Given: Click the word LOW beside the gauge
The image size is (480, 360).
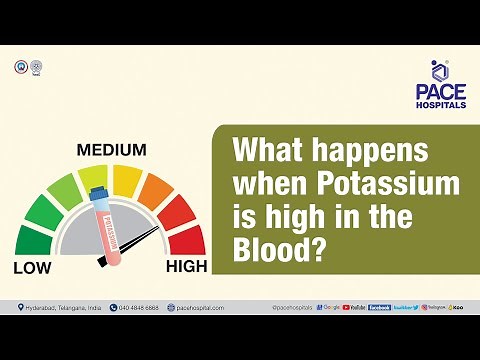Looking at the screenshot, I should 32,267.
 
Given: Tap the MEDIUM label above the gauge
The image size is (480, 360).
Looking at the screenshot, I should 112,151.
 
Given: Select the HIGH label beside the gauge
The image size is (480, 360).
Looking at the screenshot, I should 186,267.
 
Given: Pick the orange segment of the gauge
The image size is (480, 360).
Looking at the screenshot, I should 158,190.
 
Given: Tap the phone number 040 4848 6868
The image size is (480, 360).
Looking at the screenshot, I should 136,307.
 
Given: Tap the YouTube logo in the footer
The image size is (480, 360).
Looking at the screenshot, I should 354,307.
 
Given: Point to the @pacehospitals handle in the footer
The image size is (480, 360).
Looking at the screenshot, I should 293,307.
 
